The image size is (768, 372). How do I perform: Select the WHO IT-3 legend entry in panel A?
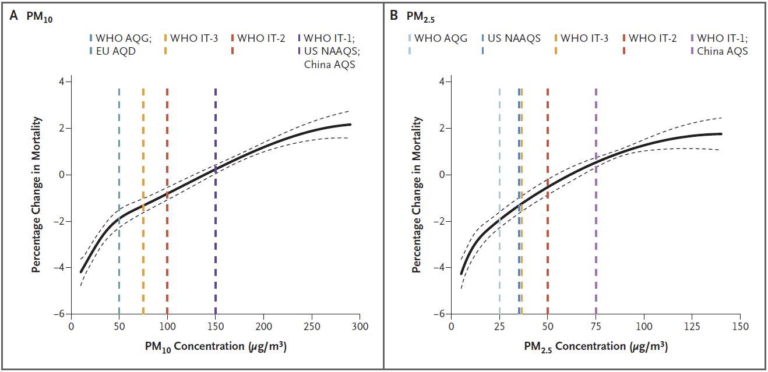point(198,39)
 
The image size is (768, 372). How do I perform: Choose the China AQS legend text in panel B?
point(721,51)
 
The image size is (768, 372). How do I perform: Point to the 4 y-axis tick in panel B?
point(441,82)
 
